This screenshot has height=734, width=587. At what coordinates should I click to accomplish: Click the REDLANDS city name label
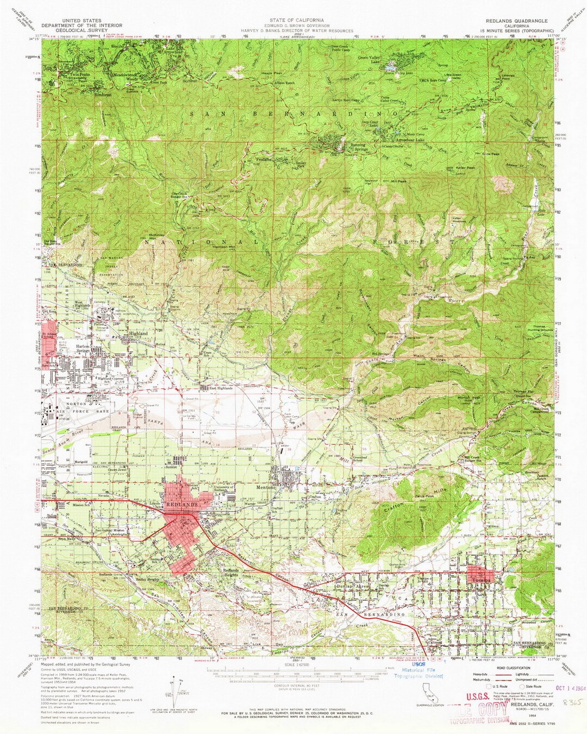click(182, 505)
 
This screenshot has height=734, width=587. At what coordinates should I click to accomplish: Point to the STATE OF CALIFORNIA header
click(295, 20)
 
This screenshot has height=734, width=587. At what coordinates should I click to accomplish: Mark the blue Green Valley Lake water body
click(390, 69)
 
